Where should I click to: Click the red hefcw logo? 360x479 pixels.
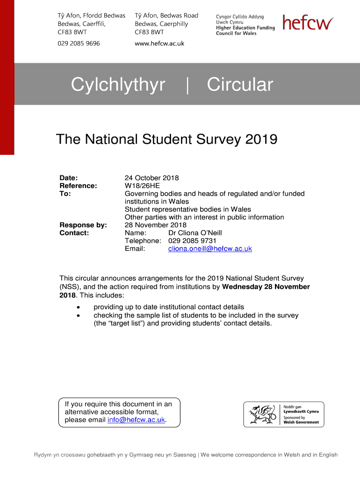pyautogui.click(x=308, y=23)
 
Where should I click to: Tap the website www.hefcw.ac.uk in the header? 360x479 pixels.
pyautogui.click(x=159, y=44)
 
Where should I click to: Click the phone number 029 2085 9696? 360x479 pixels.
pyautogui.click(x=79, y=44)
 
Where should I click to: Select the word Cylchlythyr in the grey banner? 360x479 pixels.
pyautogui.click(x=118, y=85)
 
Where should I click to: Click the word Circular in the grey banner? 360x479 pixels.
pyautogui.click(x=240, y=85)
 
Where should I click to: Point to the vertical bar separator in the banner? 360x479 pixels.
pyautogui.click(x=187, y=86)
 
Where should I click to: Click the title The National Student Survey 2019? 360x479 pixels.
pyautogui.click(x=166, y=139)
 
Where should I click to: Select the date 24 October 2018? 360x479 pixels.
pyautogui.click(x=151, y=178)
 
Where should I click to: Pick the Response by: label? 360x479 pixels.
pyautogui.click(x=83, y=225)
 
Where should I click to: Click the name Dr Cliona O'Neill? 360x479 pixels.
pyautogui.click(x=195, y=233)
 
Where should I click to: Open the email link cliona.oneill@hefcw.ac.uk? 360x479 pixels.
pyautogui.click(x=210, y=249)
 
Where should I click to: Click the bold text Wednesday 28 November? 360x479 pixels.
pyautogui.click(x=266, y=287)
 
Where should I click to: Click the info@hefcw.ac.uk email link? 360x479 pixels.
pyautogui.click(x=136, y=420)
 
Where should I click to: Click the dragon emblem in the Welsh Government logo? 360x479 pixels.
pyautogui.click(x=260, y=414)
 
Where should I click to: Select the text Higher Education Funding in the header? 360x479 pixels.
pyautogui.click(x=245, y=28)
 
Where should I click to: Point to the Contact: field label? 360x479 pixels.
pyautogui.click(x=74, y=233)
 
